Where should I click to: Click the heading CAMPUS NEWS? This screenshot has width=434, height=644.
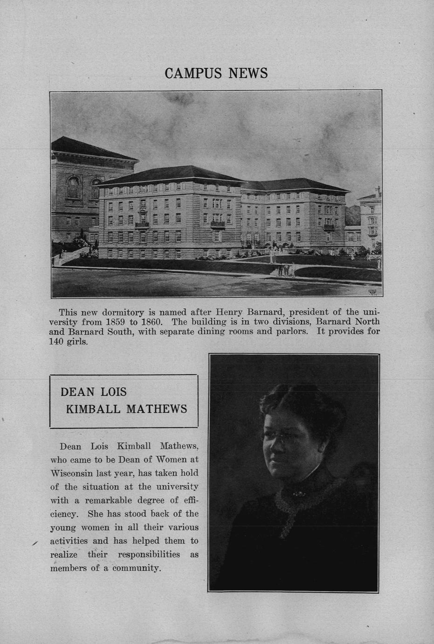coord(216,73)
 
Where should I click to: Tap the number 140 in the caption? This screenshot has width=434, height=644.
coord(57,341)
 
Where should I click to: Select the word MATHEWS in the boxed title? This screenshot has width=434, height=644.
coord(157,409)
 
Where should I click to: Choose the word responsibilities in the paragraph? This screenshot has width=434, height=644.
coord(149,554)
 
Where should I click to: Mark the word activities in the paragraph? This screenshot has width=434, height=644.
coord(69,541)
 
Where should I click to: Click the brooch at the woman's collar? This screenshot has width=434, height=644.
coord(296,491)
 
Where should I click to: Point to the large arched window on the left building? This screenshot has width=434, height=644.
coord(73,187)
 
